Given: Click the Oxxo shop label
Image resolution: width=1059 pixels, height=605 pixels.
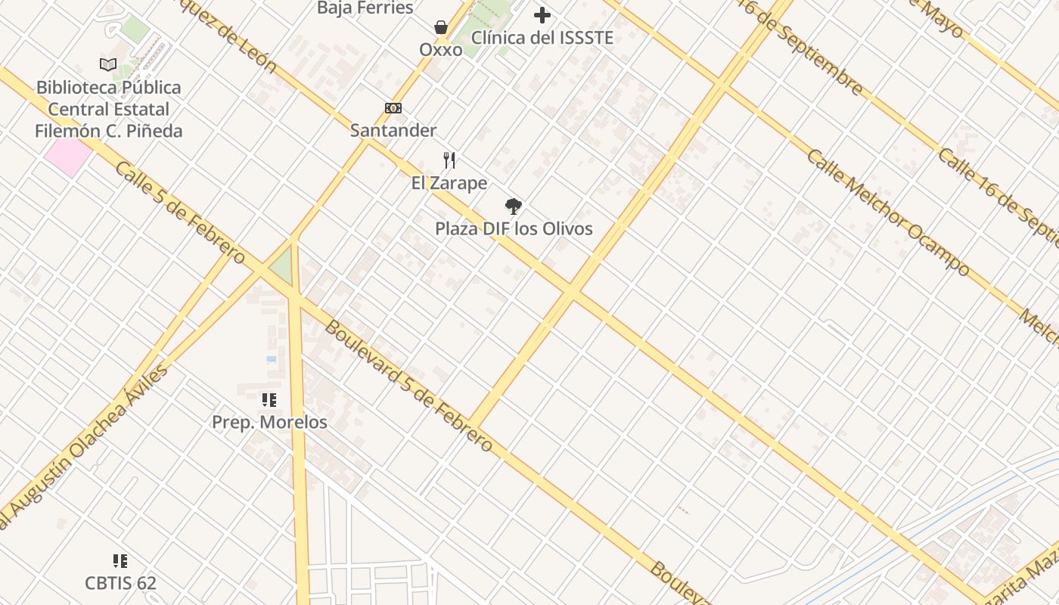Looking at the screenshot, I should click(x=441, y=50).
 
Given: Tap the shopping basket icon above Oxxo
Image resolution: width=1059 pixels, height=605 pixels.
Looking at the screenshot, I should click(x=441, y=28).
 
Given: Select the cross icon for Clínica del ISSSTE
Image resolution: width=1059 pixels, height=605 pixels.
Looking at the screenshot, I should click(x=542, y=14).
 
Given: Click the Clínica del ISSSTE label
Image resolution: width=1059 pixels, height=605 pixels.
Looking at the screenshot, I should click(x=542, y=37).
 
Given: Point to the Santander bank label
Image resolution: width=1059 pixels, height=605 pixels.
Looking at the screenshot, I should click(x=393, y=130).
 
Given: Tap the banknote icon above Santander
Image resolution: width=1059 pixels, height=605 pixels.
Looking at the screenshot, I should click(x=393, y=108).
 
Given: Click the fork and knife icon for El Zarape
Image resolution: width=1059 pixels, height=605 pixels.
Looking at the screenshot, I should click(x=449, y=160).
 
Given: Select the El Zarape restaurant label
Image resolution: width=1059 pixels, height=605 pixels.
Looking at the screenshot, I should click(x=449, y=183).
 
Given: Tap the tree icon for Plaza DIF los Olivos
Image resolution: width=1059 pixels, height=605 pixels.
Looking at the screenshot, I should click(x=514, y=206).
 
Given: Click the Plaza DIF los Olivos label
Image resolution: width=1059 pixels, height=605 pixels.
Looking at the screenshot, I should click(x=514, y=228).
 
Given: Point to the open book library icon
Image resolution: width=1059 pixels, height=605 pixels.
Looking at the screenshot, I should click(x=108, y=65).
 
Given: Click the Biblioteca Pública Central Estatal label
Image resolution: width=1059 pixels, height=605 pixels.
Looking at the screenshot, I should click(x=108, y=109).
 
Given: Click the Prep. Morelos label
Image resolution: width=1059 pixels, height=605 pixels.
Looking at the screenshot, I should click(x=269, y=422).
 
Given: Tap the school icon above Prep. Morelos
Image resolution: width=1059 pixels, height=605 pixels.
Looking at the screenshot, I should click(x=269, y=400).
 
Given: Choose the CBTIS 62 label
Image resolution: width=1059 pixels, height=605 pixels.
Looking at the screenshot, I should click(x=120, y=583).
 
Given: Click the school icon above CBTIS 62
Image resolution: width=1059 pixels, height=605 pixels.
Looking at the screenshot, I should click(x=120, y=561).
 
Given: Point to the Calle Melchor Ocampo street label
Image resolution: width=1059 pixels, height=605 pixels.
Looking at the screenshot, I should click(x=887, y=213).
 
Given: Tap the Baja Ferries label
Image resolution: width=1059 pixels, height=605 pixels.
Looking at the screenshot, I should click(x=365, y=8).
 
